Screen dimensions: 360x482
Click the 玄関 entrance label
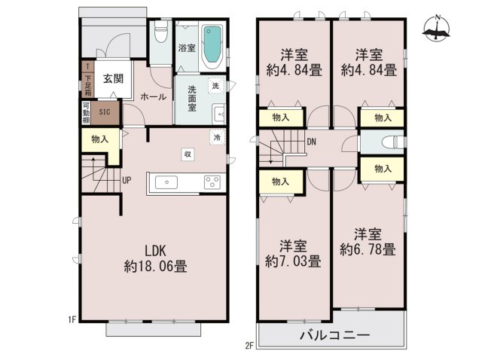coord(114,78)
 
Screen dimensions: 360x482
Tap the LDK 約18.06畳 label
coord(156,258)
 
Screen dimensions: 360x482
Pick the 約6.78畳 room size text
coord(368,249)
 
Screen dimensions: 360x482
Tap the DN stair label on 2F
coord(311,141)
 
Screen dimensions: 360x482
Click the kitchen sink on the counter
coord(166,182)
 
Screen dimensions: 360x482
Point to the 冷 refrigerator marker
coord(217,138)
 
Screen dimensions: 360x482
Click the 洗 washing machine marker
coord(216,86)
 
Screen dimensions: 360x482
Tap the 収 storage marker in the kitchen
coord(185,154)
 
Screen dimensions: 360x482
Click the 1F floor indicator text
coord(72,319)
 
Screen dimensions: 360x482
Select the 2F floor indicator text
coord(249,345)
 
